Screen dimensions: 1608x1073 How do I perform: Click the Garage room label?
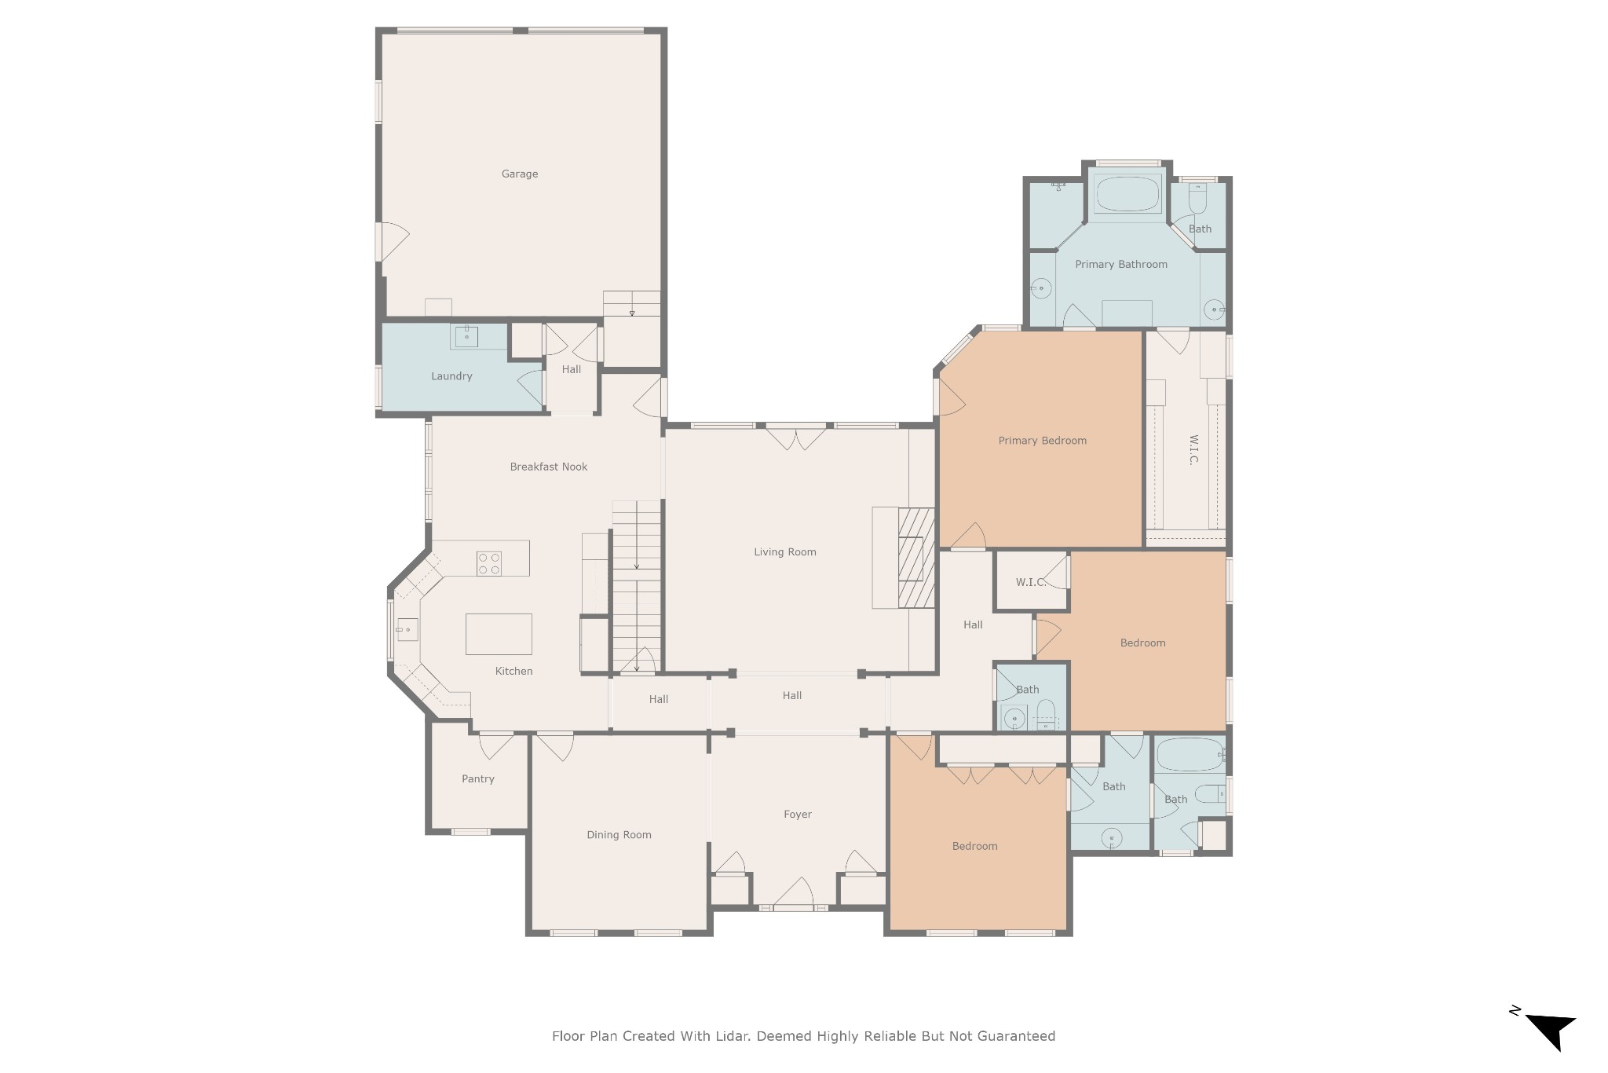click(520, 174)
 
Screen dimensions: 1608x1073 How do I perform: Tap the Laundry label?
click(451, 376)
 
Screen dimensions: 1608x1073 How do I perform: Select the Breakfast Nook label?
click(549, 467)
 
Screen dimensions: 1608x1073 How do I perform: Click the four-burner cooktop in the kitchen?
click(489, 564)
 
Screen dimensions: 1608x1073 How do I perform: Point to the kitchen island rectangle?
click(499, 634)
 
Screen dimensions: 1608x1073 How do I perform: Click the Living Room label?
click(785, 552)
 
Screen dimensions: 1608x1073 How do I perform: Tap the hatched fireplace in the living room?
click(916, 558)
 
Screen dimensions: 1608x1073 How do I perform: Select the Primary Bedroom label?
click(1043, 441)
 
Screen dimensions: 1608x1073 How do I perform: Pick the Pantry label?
click(478, 779)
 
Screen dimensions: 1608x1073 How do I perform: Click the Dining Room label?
click(619, 835)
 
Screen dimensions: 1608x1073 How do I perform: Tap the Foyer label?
click(798, 815)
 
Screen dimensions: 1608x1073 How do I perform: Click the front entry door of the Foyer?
click(794, 894)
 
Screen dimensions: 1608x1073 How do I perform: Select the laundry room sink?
click(466, 336)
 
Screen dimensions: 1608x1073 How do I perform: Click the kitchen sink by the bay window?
click(407, 630)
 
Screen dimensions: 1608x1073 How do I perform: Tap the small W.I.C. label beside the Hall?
click(1030, 582)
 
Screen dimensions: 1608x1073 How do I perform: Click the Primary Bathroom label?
click(1121, 265)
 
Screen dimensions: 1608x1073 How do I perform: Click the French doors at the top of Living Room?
click(796, 437)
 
